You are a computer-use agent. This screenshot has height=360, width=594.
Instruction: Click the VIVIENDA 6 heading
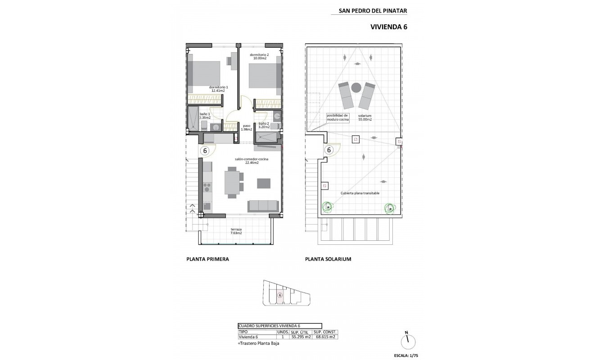[x=388, y=27]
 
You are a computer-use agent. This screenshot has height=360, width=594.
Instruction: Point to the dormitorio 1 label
[x=218, y=89]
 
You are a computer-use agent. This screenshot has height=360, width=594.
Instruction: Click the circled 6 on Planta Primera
[x=205, y=151]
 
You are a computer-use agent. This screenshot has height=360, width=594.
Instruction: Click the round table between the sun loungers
[x=356, y=87]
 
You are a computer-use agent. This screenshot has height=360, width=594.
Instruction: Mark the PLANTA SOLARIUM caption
[x=328, y=259]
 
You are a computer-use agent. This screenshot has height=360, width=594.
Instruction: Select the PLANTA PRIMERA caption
[x=207, y=259]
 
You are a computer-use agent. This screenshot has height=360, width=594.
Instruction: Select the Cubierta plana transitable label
[x=360, y=193]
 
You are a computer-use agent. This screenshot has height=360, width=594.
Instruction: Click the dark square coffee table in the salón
[x=264, y=183]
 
